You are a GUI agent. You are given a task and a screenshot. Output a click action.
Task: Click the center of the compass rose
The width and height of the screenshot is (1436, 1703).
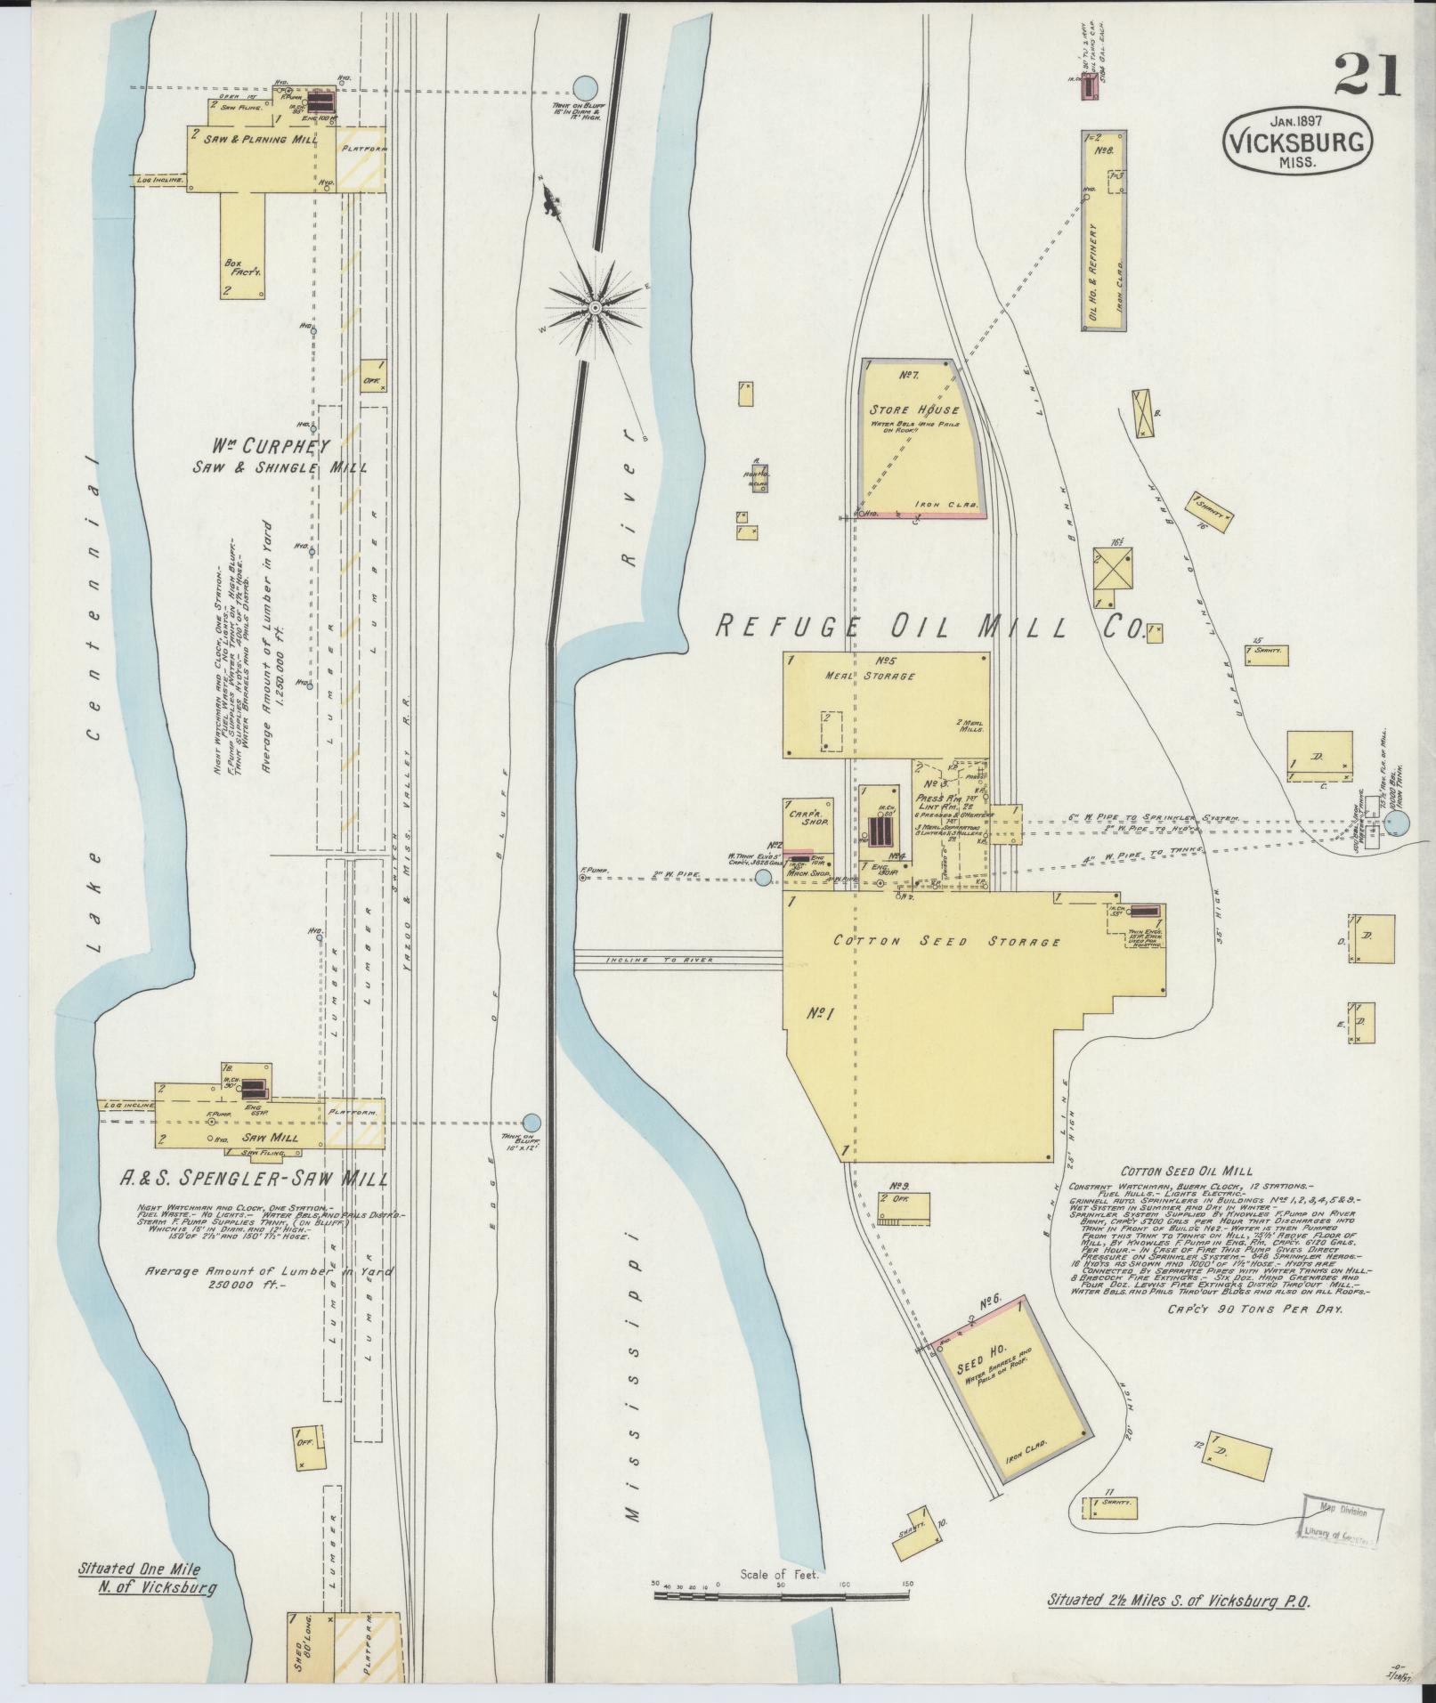pyautogui.click(x=594, y=307)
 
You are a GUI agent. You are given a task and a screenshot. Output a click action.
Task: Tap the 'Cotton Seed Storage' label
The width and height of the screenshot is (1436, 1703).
pyautogui.click(x=946, y=941)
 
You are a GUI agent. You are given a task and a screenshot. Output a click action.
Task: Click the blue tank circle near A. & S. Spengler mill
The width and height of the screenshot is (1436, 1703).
pyautogui.click(x=531, y=1123)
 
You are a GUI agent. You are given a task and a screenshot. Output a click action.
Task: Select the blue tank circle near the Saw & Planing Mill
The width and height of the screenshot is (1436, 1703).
pyautogui.click(x=584, y=86)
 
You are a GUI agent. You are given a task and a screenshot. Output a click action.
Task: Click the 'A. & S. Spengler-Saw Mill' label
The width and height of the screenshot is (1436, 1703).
pyautogui.click(x=254, y=1180)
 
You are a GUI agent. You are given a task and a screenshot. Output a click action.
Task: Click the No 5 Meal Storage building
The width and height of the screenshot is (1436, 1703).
pyautogui.click(x=885, y=705)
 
